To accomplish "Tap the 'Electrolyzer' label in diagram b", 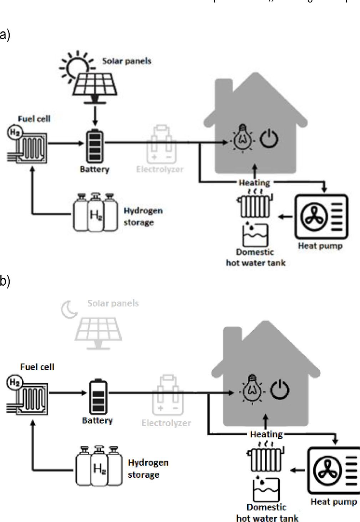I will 166,423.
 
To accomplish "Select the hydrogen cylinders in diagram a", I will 95,213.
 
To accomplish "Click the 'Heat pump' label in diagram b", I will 334,502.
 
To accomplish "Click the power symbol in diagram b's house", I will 280,388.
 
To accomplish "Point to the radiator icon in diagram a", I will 254,205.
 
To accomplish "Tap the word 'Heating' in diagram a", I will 254,183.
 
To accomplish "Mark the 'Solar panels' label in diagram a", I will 127,61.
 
